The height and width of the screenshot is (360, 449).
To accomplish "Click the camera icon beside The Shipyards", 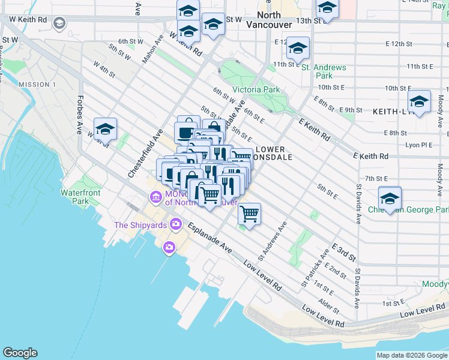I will pyautogui.click(x=176, y=224).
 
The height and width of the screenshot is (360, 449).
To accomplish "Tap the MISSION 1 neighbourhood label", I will pyautogui.click(x=37, y=85).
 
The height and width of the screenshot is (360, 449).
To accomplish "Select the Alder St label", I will pyautogui.click(x=330, y=310).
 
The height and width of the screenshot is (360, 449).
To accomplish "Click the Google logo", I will pyautogui.click(x=20, y=353).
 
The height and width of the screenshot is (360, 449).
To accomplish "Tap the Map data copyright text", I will pyautogui.click(x=412, y=355).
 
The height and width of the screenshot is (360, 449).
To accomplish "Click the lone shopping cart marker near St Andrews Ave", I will pyautogui.click(x=249, y=212).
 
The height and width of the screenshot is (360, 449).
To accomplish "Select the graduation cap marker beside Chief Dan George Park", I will pyautogui.click(x=390, y=197).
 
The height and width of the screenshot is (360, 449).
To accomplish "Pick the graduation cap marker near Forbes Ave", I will pyautogui.click(x=105, y=128).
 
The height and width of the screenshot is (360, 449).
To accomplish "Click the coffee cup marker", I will pyautogui.click(x=185, y=133).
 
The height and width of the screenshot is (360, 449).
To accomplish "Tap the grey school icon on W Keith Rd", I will pyautogui.click(x=59, y=23).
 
